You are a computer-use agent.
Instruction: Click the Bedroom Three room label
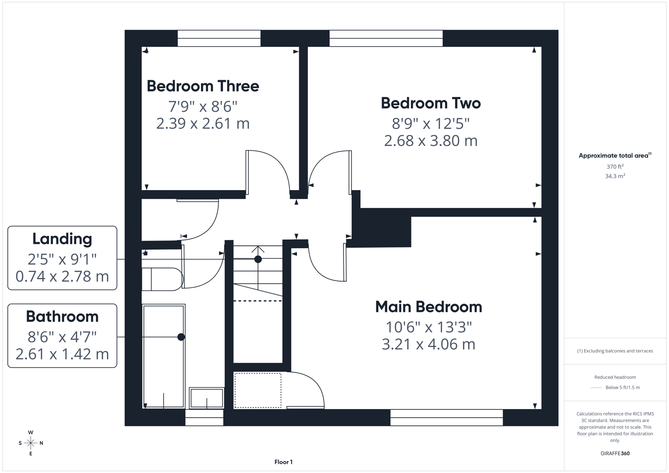point(203,86)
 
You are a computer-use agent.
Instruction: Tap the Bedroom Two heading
point(431,103)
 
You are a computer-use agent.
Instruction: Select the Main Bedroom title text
point(428,307)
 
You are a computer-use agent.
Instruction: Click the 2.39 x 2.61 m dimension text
point(203,124)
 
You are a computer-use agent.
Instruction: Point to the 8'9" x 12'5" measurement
point(431,124)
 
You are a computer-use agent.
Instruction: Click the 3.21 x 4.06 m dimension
point(428,344)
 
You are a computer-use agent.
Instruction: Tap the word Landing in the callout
point(62,239)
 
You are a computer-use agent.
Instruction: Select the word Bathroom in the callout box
point(62,316)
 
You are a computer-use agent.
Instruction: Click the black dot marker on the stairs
point(258,259)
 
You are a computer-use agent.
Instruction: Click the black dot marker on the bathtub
point(181,337)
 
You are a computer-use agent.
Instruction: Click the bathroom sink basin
point(206,398)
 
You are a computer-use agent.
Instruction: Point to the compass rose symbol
point(31,443)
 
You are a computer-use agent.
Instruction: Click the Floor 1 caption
point(283,462)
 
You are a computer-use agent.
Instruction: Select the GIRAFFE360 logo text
point(615,453)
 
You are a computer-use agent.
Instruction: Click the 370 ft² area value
point(615,167)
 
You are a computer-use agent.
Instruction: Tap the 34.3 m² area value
point(615,176)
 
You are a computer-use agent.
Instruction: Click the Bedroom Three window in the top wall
point(219,38)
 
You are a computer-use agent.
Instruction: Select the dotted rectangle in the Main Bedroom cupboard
point(258,390)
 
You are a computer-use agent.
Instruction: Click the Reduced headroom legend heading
point(615,377)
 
